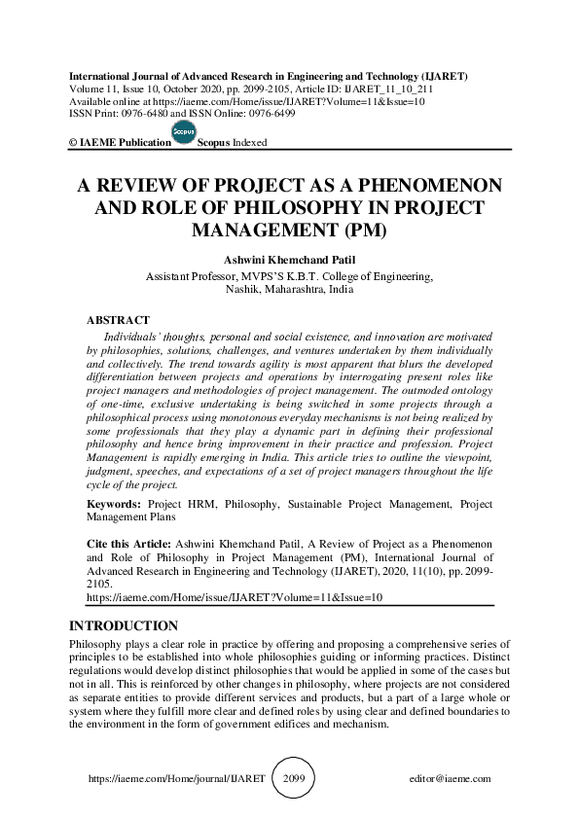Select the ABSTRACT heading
coord(118,320)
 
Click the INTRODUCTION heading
coord(123,625)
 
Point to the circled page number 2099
coord(294,779)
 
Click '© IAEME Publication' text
coord(120,142)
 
